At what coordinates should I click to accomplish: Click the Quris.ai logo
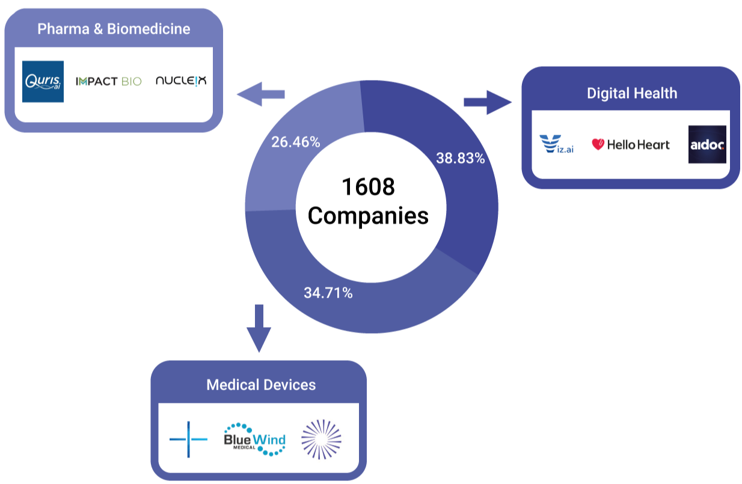click(43, 81)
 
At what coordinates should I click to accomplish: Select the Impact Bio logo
click(109, 81)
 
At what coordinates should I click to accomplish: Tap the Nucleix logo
click(180, 80)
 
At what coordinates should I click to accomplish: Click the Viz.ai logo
click(556, 144)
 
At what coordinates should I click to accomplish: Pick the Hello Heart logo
click(631, 144)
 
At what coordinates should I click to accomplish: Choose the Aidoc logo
click(707, 145)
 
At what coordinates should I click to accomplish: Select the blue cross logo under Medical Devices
click(188, 440)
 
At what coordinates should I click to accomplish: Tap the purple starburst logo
click(321, 440)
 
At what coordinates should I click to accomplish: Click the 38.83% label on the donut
click(459, 159)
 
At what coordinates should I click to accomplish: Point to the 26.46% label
click(295, 142)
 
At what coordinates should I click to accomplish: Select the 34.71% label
click(328, 294)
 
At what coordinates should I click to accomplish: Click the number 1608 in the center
click(368, 187)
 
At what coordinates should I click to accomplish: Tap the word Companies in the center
click(368, 215)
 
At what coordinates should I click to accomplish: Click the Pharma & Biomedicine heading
click(114, 29)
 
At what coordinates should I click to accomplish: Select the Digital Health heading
click(632, 93)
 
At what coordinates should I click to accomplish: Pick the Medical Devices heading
click(261, 385)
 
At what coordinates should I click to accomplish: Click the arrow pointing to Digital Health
click(487, 102)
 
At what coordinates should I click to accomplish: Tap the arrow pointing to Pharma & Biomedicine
click(260, 94)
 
